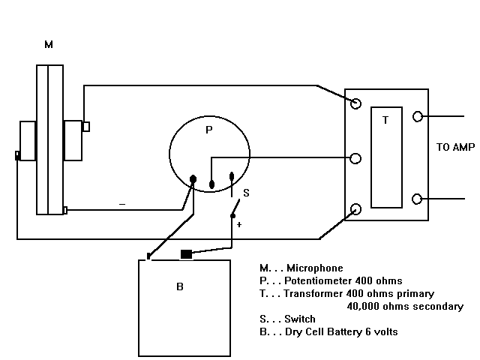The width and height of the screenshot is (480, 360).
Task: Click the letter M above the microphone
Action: pos(49,45)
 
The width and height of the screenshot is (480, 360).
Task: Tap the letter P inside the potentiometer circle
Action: pos(209,130)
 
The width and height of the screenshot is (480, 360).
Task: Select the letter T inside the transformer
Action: pos(385,120)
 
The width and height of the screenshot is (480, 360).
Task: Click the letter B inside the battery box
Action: pos(180,286)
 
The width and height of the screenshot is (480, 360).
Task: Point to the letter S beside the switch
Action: pos(246,193)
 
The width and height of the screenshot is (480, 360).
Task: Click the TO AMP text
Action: pos(455,147)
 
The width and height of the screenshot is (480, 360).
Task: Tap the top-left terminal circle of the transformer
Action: pos(355,103)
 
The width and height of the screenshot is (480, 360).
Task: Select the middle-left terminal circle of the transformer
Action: pos(355,158)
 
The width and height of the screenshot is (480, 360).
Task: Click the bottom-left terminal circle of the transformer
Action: pos(355,209)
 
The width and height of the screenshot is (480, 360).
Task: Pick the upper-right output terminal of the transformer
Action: pos(418,117)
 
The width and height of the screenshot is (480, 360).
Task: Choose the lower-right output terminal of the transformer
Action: pos(417,199)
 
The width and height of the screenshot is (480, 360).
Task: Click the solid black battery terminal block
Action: pos(187,254)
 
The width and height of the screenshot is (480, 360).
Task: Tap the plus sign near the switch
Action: pos(239,225)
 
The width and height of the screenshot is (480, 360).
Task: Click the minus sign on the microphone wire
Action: pos(122,204)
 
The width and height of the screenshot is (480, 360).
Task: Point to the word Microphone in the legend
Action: pos(315,268)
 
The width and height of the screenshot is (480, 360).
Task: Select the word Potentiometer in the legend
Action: pos(318,280)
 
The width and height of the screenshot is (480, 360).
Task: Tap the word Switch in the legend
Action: pos(300,319)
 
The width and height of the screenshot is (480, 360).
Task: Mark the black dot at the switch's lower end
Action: pos(232,216)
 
